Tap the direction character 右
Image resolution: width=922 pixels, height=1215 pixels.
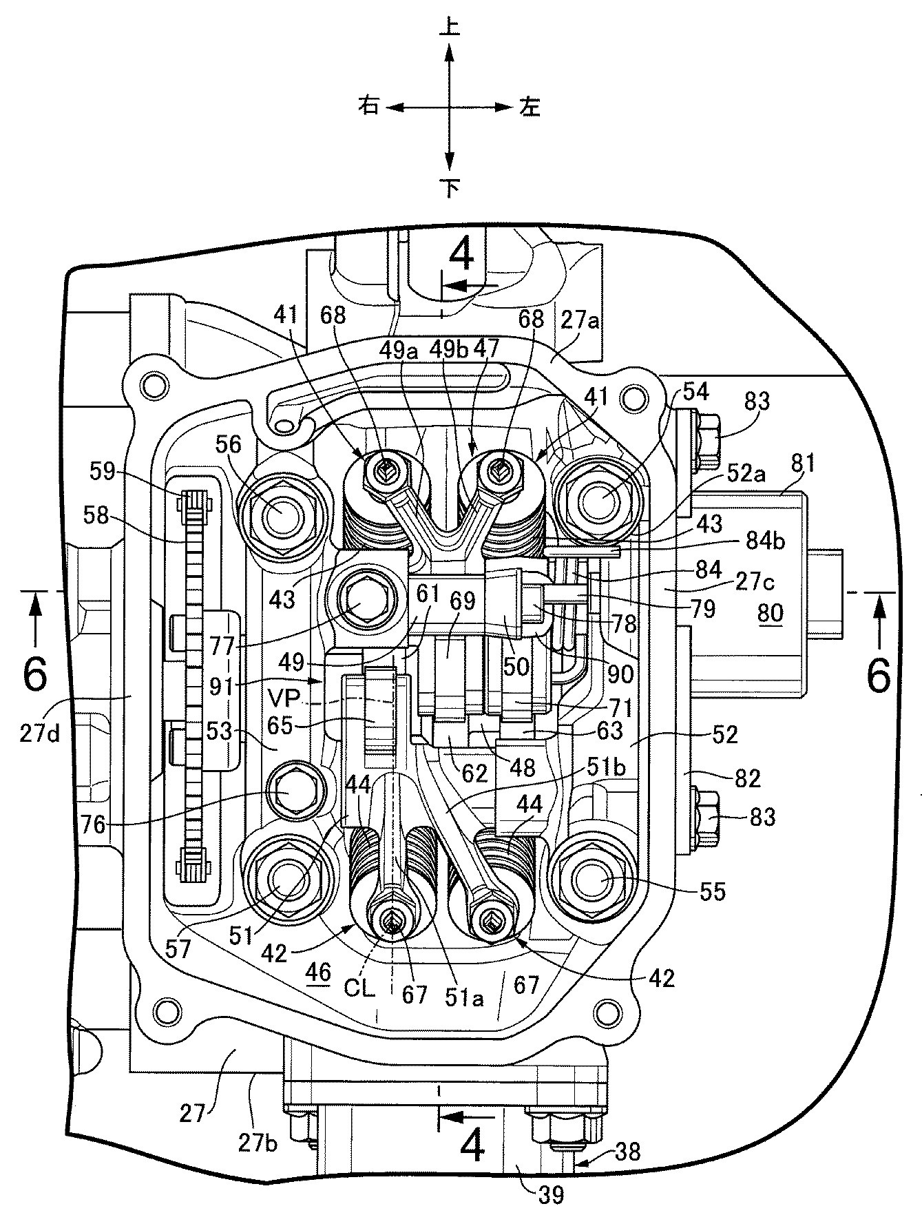(369, 107)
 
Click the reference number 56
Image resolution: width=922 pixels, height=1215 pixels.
(229, 445)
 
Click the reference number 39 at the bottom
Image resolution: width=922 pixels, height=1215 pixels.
(549, 1194)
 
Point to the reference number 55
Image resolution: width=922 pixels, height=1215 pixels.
(713, 892)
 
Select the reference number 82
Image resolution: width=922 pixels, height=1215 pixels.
(747, 778)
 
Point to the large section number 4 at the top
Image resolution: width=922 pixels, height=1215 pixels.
(461, 256)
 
